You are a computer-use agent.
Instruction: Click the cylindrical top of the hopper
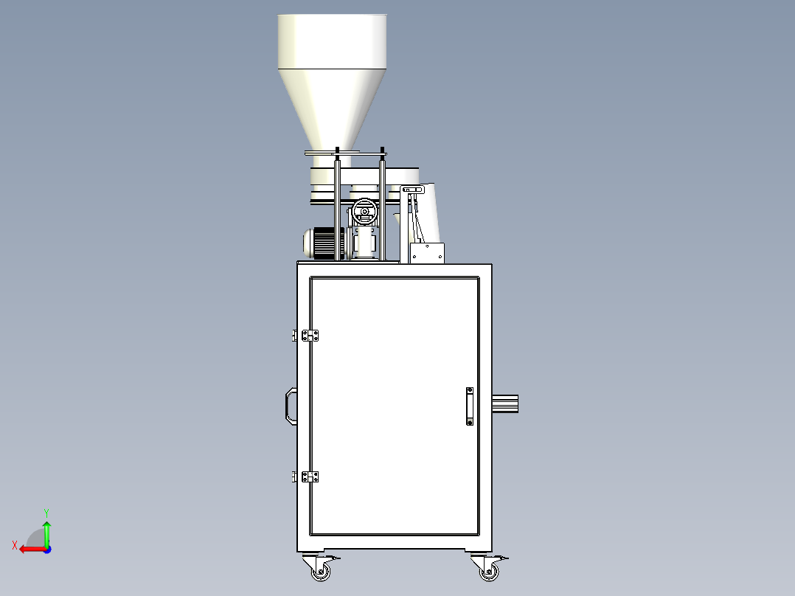332,41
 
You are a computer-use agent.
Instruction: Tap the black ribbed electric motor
324,243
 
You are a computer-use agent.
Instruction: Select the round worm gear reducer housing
364,212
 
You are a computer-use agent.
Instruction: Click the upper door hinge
310,336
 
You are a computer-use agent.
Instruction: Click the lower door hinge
310,477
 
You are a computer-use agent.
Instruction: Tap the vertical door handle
470,406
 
